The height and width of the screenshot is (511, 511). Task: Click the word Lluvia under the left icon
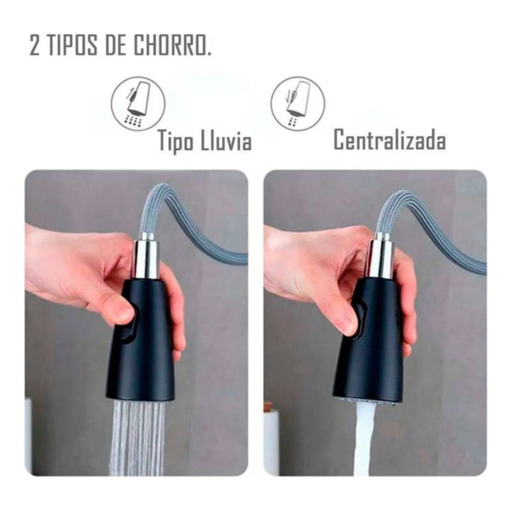click(x=226, y=141)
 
